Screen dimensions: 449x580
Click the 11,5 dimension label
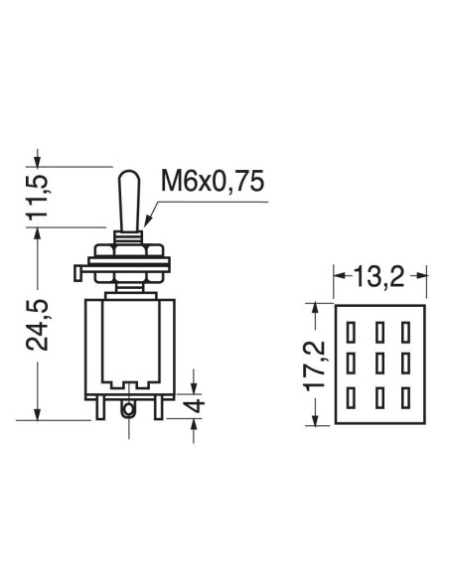pos(38,197)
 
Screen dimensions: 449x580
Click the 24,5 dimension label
pos(38,325)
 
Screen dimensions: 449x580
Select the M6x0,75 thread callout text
pos(213,182)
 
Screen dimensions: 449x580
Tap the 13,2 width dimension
pos(379,276)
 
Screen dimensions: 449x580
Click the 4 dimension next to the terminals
pos(195,405)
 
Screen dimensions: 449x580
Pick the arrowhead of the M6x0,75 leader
pos(147,220)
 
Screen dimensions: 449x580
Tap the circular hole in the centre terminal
pos(128,409)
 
